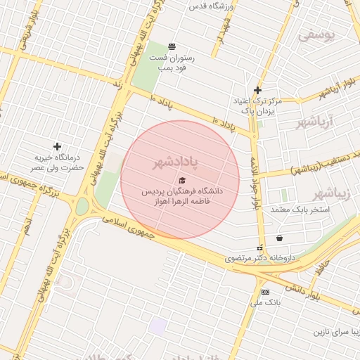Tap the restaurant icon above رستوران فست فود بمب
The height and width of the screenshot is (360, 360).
(x=173, y=46)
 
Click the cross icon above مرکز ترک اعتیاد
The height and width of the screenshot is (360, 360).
(x=258, y=90)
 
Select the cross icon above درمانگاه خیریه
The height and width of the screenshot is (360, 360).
(x=57, y=146)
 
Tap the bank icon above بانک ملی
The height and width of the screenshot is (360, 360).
(x=265, y=292)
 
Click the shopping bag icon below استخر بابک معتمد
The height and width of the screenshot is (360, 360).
(x=280, y=238)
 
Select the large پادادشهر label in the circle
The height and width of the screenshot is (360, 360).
(x=176, y=162)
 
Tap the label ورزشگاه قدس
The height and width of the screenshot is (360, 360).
(x=215, y=6)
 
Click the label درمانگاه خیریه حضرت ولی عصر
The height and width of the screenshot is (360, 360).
(x=56, y=163)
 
